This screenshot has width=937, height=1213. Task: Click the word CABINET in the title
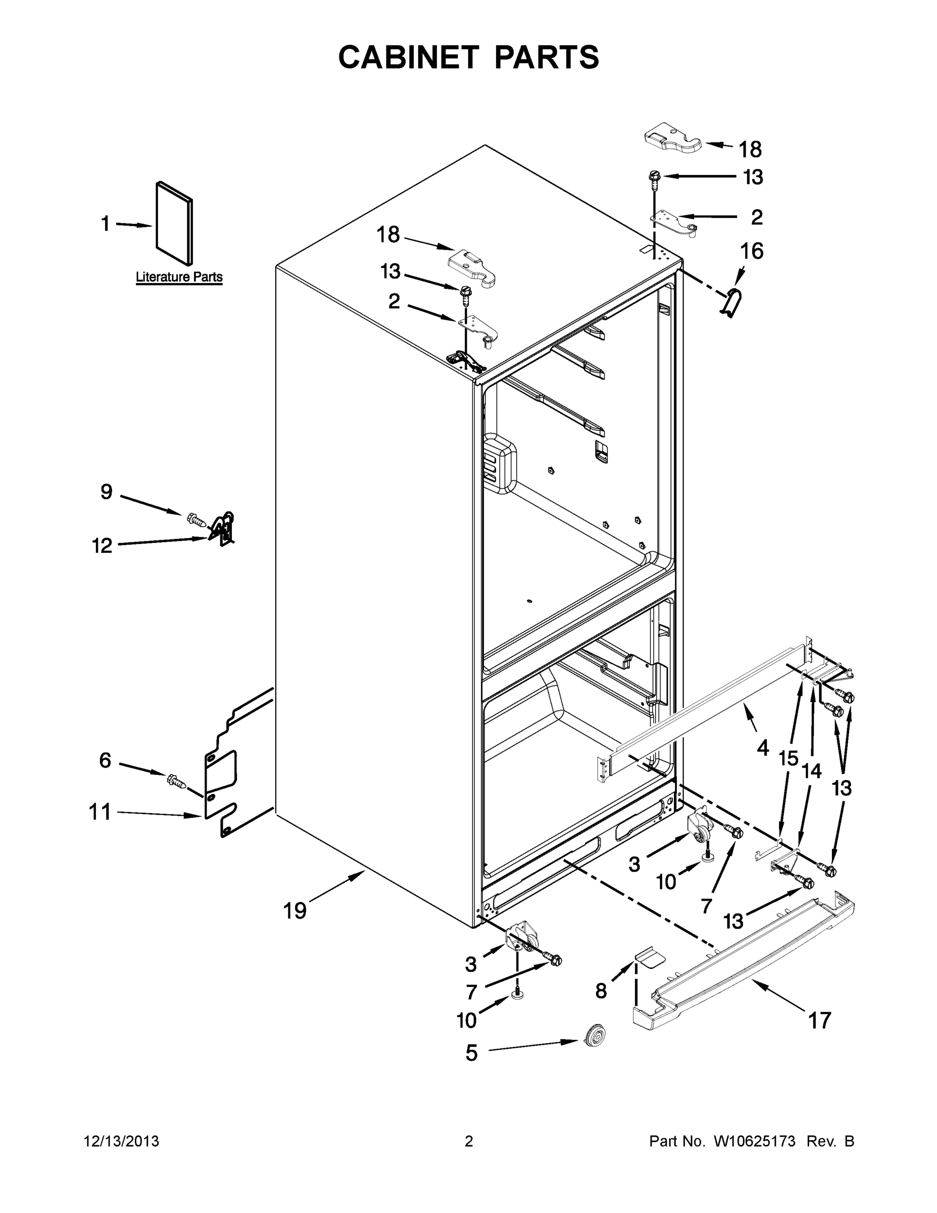pyautogui.click(x=409, y=57)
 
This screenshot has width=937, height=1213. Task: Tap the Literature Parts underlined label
pyautogui.click(x=179, y=276)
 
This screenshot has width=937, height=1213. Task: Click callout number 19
pyautogui.click(x=295, y=910)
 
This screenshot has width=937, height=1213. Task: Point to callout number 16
pyautogui.click(x=752, y=251)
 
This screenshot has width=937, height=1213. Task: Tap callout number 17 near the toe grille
pyautogui.click(x=819, y=1020)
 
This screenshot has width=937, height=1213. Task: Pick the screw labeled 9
pyautogui.click(x=196, y=520)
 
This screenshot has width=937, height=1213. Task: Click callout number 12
pyautogui.click(x=102, y=545)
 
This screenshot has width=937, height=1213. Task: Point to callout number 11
pyautogui.click(x=100, y=812)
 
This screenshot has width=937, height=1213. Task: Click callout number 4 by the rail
pyautogui.click(x=763, y=748)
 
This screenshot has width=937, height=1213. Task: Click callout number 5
pyautogui.click(x=471, y=1052)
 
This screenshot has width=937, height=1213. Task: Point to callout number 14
pyautogui.click(x=812, y=771)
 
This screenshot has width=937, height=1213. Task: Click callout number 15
pyautogui.click(x=788, y=758)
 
